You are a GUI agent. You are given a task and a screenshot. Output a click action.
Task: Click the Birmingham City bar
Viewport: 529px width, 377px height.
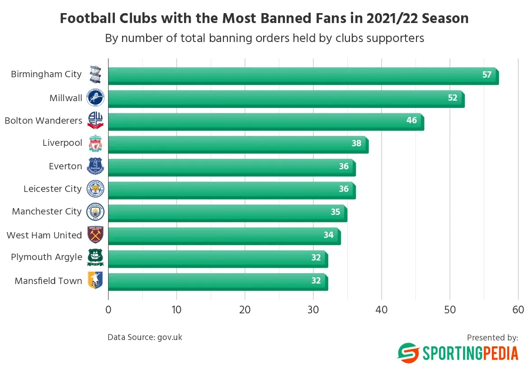303,75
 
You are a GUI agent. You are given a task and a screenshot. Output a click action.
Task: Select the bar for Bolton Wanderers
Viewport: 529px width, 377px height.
266,121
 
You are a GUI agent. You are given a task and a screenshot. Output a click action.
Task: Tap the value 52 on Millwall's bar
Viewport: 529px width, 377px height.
453,98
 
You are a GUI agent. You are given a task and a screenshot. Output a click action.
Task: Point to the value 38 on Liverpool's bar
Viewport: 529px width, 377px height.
356,144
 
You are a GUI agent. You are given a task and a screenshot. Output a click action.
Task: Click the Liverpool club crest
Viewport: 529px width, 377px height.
95,144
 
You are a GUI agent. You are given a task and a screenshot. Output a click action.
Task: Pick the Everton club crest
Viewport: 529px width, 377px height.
95,166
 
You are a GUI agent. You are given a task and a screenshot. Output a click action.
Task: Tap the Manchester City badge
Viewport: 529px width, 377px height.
95,212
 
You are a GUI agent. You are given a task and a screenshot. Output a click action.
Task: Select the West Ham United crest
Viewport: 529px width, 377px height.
95,235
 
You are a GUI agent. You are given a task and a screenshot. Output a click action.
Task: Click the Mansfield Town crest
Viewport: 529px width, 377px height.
95,280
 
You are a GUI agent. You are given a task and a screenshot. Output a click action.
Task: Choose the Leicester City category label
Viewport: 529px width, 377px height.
52,189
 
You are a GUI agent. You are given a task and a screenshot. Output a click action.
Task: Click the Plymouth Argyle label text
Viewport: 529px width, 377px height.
47,257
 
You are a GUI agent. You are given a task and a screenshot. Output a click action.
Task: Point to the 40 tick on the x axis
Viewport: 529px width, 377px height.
382,310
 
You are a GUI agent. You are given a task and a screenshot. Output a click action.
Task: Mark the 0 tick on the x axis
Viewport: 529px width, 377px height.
109,310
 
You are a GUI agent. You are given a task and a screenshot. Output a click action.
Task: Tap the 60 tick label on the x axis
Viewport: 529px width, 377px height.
518,310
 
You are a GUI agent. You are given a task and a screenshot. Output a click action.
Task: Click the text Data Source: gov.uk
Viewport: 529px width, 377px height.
145,337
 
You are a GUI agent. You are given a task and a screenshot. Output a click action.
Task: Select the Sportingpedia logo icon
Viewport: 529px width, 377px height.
408,353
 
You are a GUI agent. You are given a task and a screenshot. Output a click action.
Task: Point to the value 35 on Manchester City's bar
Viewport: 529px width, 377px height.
335,212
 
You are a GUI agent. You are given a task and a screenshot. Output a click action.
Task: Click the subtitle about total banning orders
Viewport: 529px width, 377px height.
264,38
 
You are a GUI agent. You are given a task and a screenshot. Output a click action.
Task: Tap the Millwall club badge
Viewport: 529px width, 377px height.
95,98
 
